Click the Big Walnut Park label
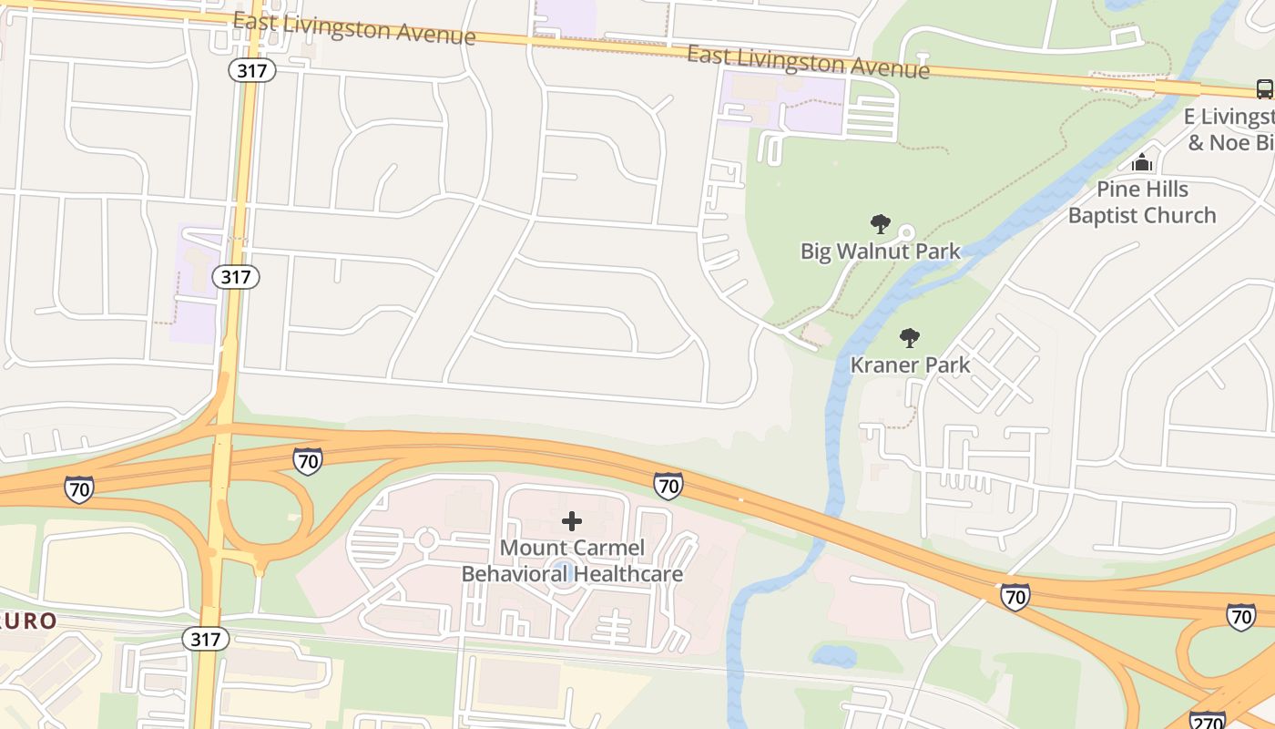click(880, 251)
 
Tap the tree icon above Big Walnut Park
click(880, 223)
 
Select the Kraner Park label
click(910, 365)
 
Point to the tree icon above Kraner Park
click(909, 338)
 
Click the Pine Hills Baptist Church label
click(1142, 202)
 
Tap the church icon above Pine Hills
click(1142, 163)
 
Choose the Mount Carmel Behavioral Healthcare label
click(572, 560)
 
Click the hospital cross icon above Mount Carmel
click(572, 521)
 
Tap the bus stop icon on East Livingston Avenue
click(1265, 88)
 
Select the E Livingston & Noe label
click(1229, 129)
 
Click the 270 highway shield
click(1208, 720)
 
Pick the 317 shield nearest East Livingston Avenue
click(252, 70)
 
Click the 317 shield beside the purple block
click(237, 276)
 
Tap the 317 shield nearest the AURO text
click(206, 639)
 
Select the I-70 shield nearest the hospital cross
click(668, 486)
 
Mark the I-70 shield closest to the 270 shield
click(1240, 617)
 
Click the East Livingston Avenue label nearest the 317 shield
click(354, 29)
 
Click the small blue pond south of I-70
click(834, 655)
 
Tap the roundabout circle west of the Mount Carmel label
click(425, 539)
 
